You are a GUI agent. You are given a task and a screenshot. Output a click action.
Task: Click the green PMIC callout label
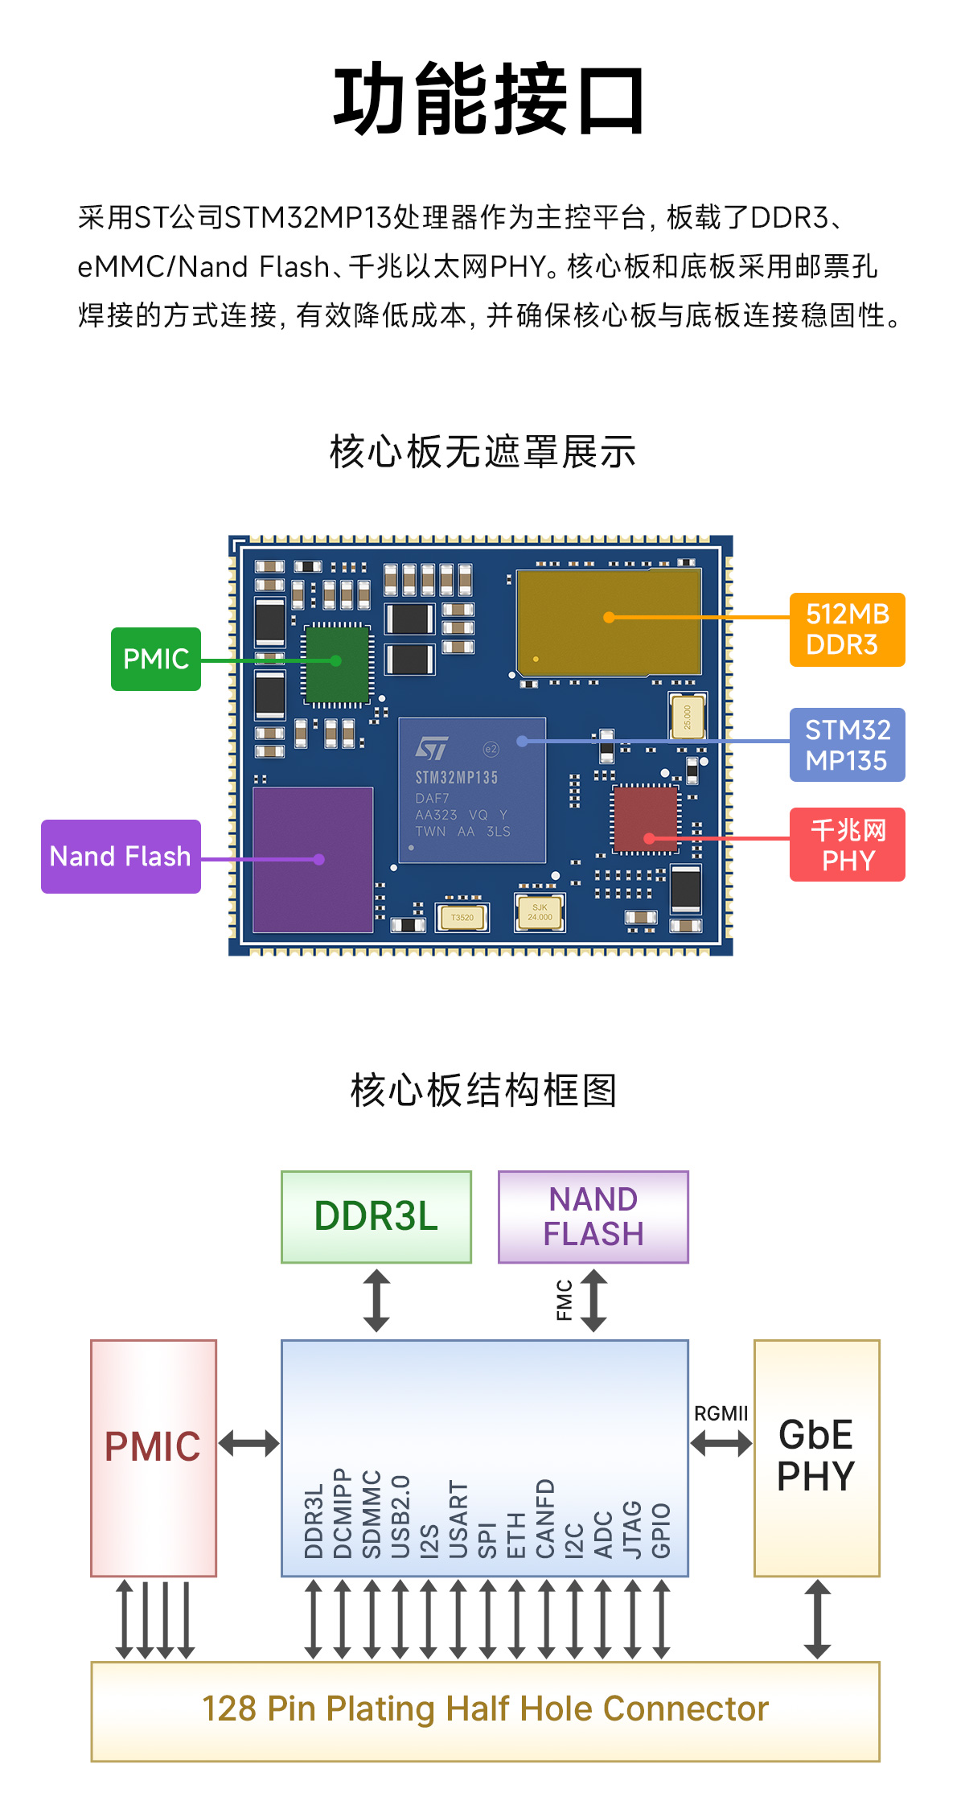[x=156, y=659]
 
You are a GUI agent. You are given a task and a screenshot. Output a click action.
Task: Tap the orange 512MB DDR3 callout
[x=847, y=630]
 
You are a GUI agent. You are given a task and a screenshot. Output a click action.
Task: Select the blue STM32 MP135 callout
[x=847, y=745]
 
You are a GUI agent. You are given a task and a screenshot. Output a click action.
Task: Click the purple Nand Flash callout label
[x=121, y=856]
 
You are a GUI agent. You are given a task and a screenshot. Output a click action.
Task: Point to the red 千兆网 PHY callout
[x=847, y=845]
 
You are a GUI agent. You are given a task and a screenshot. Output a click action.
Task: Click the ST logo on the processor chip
[x=432, y=748]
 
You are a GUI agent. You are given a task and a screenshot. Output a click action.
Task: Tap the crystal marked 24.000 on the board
[x=540, y=912]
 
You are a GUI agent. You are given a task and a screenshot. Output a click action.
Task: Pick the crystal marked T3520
[x=462, y=917]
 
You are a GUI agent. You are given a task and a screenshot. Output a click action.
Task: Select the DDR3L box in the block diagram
[x=376, y=1216]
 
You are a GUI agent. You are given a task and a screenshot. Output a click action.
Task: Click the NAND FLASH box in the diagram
[x=593, y=1216]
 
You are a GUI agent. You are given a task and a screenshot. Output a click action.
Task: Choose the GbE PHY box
[x=816, y=1457]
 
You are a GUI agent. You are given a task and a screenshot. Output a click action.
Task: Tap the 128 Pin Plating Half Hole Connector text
[x=485, y=1709]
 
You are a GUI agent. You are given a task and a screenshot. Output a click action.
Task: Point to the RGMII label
[x=721, y=1413]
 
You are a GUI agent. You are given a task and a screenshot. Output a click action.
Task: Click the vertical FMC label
[x=565, y=1300]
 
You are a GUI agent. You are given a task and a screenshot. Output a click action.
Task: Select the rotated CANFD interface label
[x=545, y=1518]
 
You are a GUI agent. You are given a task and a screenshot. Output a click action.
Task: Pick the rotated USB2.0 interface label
[x=400, y=1516]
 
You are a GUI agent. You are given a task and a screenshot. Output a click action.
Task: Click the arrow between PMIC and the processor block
[x=249, y=1443]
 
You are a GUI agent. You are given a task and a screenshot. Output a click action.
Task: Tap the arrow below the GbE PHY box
[x=817, y=1618]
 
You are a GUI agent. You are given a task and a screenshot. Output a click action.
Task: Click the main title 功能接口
[x=489, y=101]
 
